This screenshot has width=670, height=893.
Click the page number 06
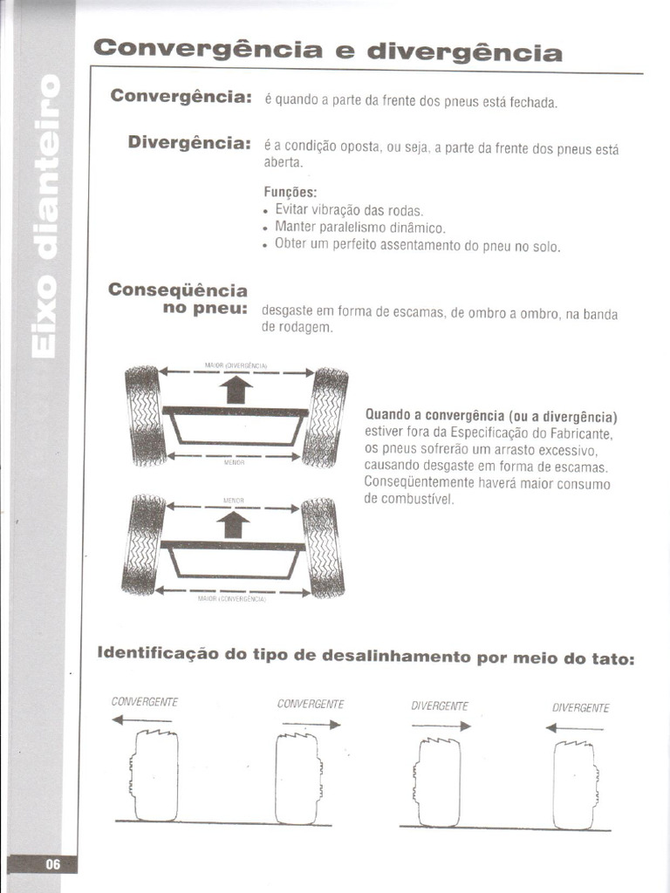(x=53, y=864)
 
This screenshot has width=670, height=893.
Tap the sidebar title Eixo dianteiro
(x=45, y=216)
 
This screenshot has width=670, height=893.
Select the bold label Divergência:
(x=188, y=142)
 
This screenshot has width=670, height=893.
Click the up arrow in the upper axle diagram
(x=236, y=389)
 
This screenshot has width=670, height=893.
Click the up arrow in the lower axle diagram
(x=232, y=524)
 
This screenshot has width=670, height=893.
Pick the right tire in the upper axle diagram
(x=326, y=417)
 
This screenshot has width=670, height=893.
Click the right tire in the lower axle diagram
(x=322, y=547)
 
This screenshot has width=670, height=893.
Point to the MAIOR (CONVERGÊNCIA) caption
(x=232, y=599)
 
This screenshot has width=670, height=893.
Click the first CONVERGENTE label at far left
(x=144, y=701)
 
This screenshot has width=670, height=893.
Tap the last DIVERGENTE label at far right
(x=580, y=707)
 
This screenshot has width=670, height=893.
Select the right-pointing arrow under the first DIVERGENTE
(x=441, y=726)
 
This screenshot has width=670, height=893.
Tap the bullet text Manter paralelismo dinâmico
(x=359, y=228)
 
